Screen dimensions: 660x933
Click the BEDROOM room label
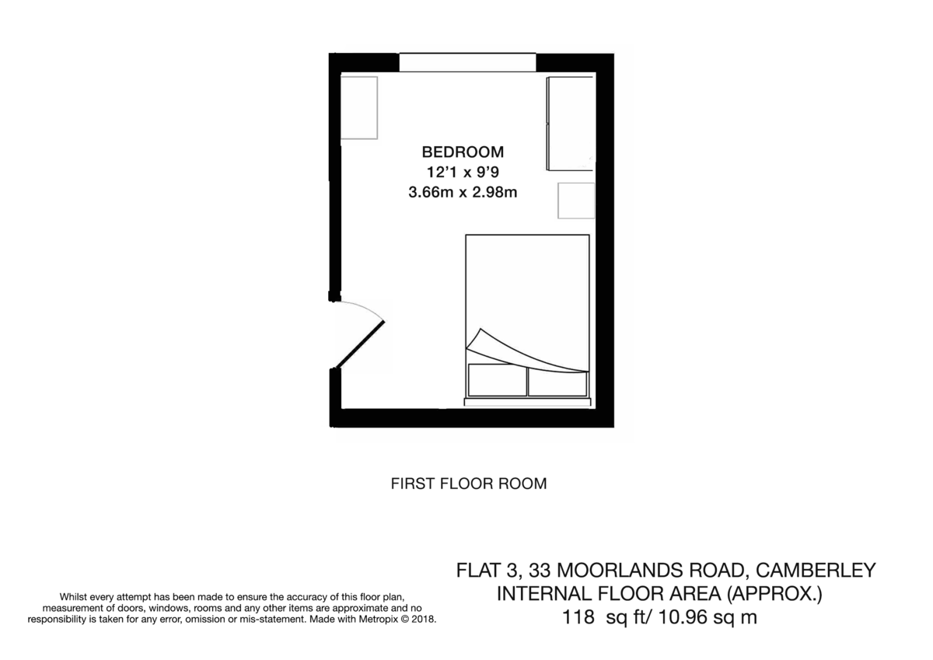(x=463, y=152)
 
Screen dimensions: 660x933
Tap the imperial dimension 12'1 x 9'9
(x=463, y=172)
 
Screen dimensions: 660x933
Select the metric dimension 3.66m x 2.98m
(x=463, y=192)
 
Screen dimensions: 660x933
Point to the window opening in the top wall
(x=467, y=62)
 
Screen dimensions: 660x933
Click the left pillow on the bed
(x=497, y=381)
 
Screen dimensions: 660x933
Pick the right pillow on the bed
(x=557, y=381)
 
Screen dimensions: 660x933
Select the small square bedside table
(x=576, y=201)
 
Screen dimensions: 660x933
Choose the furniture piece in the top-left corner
(x=358, y=107)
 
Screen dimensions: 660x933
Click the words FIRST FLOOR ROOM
(x=468, y=484)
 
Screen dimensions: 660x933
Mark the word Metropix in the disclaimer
(x=378, y=620)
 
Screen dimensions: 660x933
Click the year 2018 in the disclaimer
(x=422, y=620)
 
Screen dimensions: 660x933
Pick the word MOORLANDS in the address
(x=624, y=571)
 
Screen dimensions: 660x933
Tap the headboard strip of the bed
(x=526, y=402)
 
